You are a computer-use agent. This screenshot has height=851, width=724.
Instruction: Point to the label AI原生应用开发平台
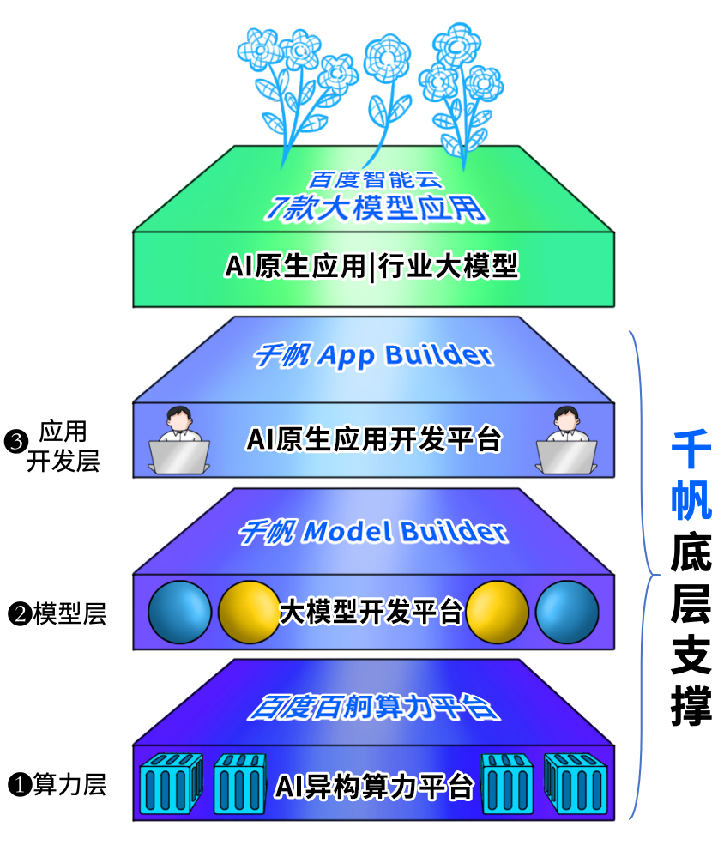pyautogui.click(x=373, y=439)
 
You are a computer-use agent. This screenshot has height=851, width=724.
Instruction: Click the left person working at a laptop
pyautogui.click(x=178, y=440)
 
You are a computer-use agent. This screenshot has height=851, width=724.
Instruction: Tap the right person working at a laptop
pyautogui.click(x=564, y=440)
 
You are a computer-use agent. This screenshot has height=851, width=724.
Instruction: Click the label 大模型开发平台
pyautogui.click(x=371, y=613)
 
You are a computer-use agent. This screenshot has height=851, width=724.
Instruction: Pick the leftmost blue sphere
pyautogui.click(x=180, y=613)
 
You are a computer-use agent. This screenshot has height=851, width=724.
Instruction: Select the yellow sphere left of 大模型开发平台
pyautogui.click(x=249, y=613)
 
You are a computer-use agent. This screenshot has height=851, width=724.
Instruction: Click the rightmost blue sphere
pyautogui.click(x=566, y=613)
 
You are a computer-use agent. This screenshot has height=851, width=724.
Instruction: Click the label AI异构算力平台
pyautogui.click(x=373, y=785)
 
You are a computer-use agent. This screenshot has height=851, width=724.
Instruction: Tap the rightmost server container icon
pyautogui.click(x=576, y=784)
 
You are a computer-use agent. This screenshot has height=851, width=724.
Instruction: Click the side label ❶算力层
pyautogui.click(x=57, y=784)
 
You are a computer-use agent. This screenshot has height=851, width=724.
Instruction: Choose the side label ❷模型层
pyautogui.click(x=57, y=613)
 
